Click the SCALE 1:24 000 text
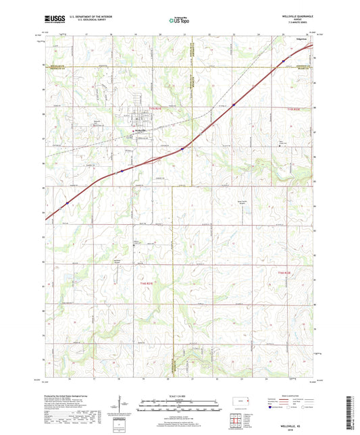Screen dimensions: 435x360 (x=178, y=396)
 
